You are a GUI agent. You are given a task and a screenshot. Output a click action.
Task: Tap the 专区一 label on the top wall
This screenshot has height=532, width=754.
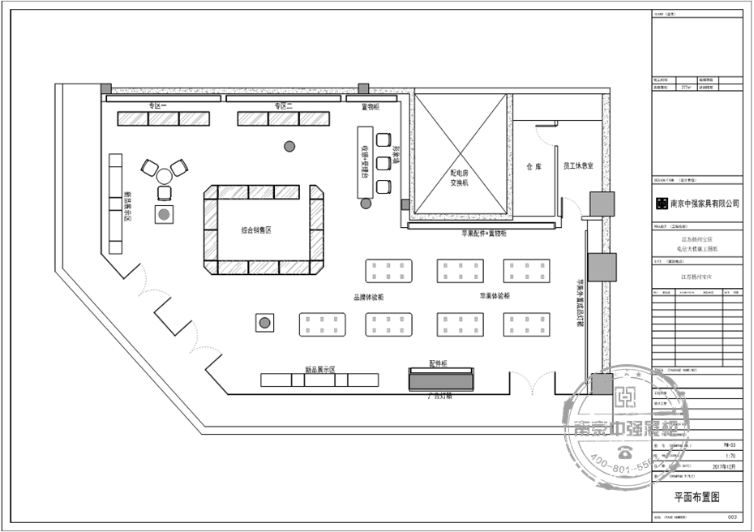[x=156, y=106]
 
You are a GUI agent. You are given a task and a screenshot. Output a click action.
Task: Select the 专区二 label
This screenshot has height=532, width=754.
[x=282, y=106]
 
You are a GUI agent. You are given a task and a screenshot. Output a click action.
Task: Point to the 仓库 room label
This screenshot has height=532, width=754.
[x=533, y=166]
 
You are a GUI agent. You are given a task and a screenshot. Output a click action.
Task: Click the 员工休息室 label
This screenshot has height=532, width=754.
[x=579, y=166]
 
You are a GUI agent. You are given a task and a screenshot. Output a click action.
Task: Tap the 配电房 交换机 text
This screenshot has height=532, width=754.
[x=461, y=178]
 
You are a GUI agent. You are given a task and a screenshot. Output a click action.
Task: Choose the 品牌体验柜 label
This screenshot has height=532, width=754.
[x=368, y=298]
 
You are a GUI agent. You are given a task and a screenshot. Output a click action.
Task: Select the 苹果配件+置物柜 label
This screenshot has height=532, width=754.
[x=478, y=234]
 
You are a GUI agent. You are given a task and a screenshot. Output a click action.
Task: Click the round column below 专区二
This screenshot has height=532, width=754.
[x=289, y=146]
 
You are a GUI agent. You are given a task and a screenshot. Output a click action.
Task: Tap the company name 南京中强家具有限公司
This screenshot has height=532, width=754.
[x=703, y=204]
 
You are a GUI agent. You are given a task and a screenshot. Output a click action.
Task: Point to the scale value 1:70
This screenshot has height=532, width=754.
[x=730, y=457]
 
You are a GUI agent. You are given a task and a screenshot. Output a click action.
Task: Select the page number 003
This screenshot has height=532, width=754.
[x=731, y=516]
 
